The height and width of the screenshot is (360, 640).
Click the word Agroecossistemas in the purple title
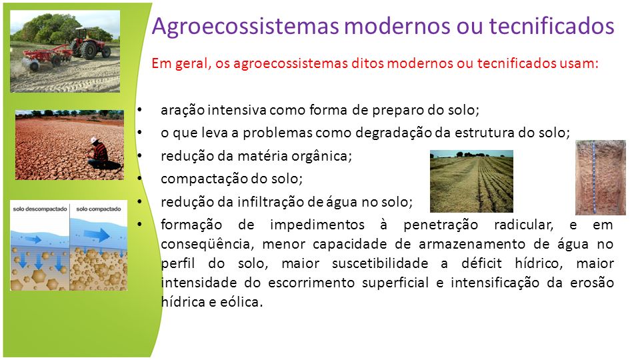245,26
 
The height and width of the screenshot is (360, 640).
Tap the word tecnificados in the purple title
551,25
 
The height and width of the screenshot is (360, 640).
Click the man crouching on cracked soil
101,153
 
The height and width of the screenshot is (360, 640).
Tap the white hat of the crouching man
95,139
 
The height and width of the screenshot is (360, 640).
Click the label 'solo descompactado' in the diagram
40,209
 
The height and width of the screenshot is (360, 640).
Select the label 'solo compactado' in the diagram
99,209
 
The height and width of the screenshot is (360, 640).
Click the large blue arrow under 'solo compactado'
97,235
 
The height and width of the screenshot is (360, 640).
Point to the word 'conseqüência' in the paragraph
207,245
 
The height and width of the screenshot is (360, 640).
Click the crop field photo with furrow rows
471,181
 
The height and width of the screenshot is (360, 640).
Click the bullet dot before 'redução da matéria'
141,155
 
